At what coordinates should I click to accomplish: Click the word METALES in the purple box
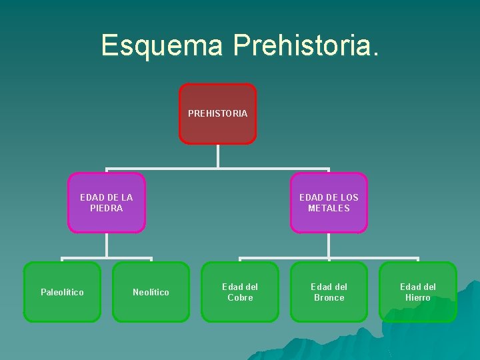click(x=329, y=208)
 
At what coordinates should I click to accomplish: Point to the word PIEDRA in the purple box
click(x=107, y=208)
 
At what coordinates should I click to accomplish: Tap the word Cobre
click(x=240, y=297)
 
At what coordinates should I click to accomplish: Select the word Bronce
click(x=329, y=297)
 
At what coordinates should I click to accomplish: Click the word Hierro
click(x=418, y=297)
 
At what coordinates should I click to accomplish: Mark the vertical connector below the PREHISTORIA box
click(x=217, y=155)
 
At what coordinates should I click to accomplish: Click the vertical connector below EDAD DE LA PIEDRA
click(x=107, y=245)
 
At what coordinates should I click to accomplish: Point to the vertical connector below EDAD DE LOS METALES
click(x=329, y=245)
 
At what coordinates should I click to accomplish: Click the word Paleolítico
click(x=62, y=292)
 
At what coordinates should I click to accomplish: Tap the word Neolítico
click(x=151, y=292)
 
